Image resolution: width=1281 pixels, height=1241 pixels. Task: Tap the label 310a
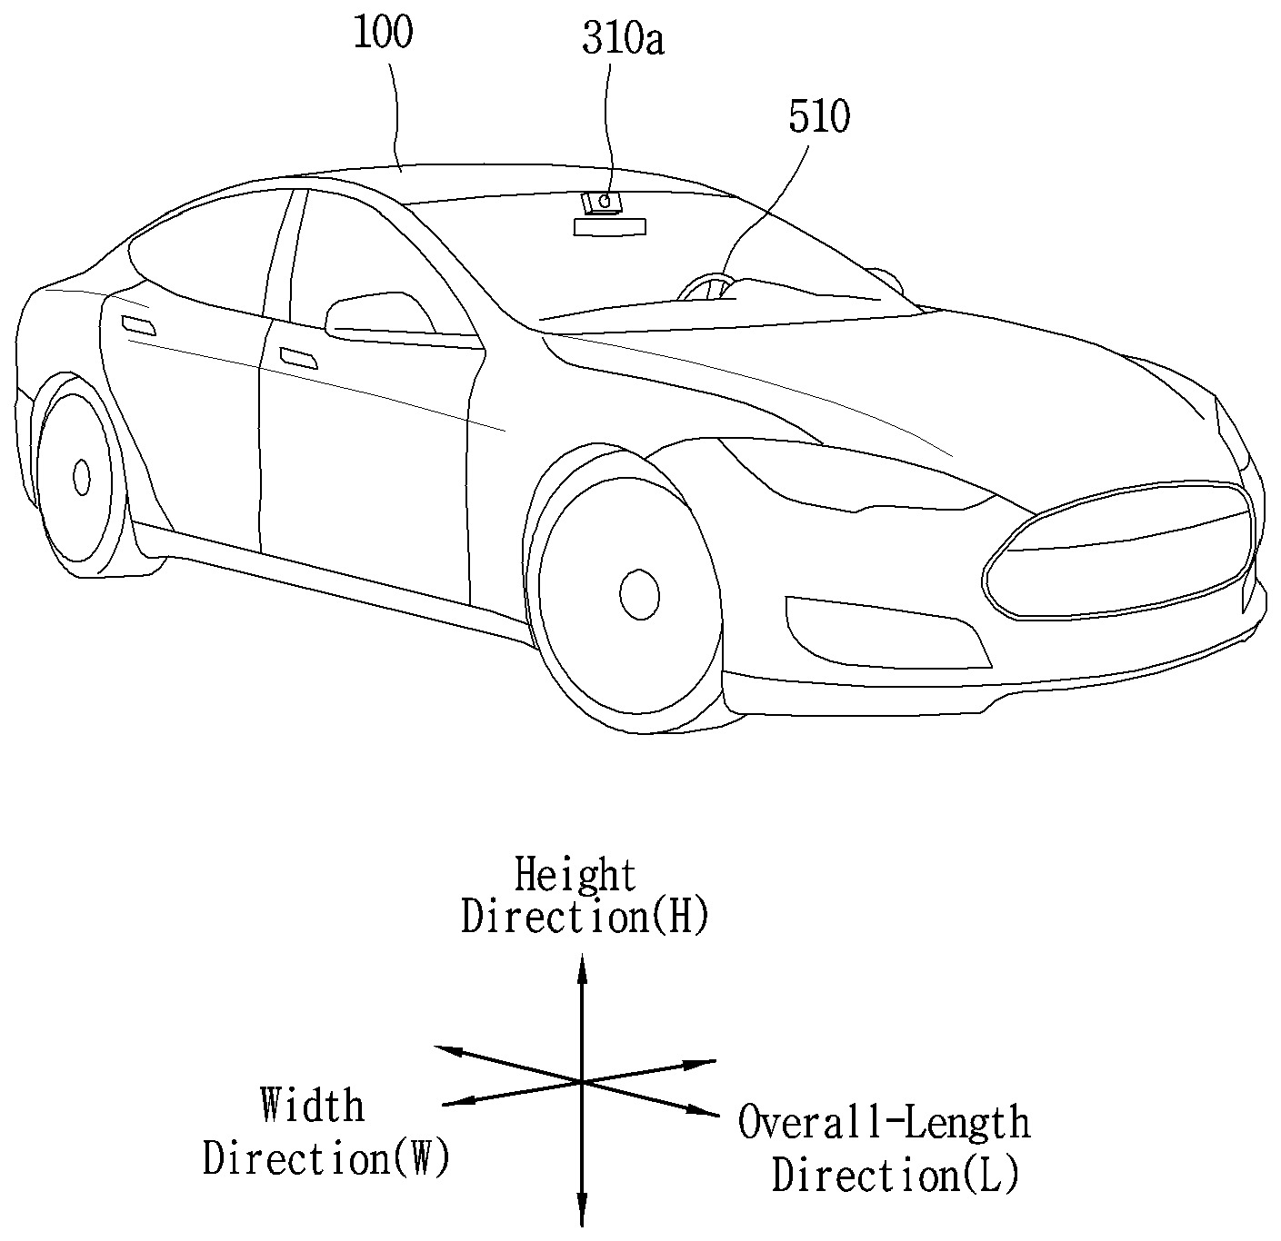624,41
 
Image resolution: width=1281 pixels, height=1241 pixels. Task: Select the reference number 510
818,118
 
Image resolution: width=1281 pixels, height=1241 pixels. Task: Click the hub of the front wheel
639,594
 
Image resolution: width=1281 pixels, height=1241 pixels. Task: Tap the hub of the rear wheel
82,477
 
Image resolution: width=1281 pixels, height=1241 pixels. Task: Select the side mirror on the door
380,315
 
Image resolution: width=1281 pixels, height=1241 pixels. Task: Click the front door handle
299,357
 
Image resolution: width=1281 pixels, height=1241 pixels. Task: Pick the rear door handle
138,325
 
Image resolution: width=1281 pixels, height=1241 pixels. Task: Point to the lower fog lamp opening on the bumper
886,633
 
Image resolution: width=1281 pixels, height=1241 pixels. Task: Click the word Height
575,875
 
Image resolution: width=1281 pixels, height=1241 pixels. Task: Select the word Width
312,1106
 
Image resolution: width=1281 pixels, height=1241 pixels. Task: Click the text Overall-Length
884,1123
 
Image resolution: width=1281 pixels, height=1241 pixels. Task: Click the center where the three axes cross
581,1081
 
